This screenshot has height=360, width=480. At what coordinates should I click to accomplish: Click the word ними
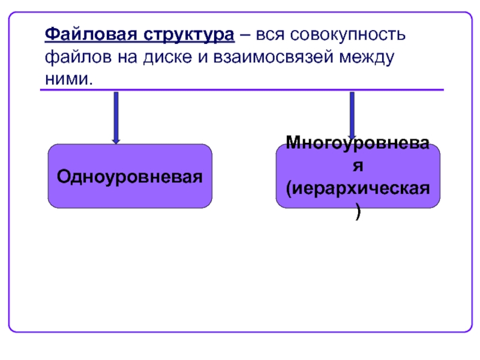(68, 79)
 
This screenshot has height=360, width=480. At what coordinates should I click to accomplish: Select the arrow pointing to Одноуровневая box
(116, 117)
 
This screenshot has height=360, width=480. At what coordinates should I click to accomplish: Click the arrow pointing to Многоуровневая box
(352, 114)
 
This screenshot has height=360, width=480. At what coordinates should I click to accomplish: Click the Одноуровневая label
(130, 177)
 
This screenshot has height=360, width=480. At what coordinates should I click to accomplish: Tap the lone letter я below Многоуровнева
(358, 166)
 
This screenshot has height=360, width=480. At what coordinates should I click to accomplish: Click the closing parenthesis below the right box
(358, 212)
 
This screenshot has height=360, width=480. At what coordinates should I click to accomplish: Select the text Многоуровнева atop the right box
(358, 144)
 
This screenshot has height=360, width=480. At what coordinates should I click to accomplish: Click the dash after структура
(245, 34)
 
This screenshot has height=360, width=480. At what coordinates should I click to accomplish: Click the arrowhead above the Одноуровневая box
(116, 140)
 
